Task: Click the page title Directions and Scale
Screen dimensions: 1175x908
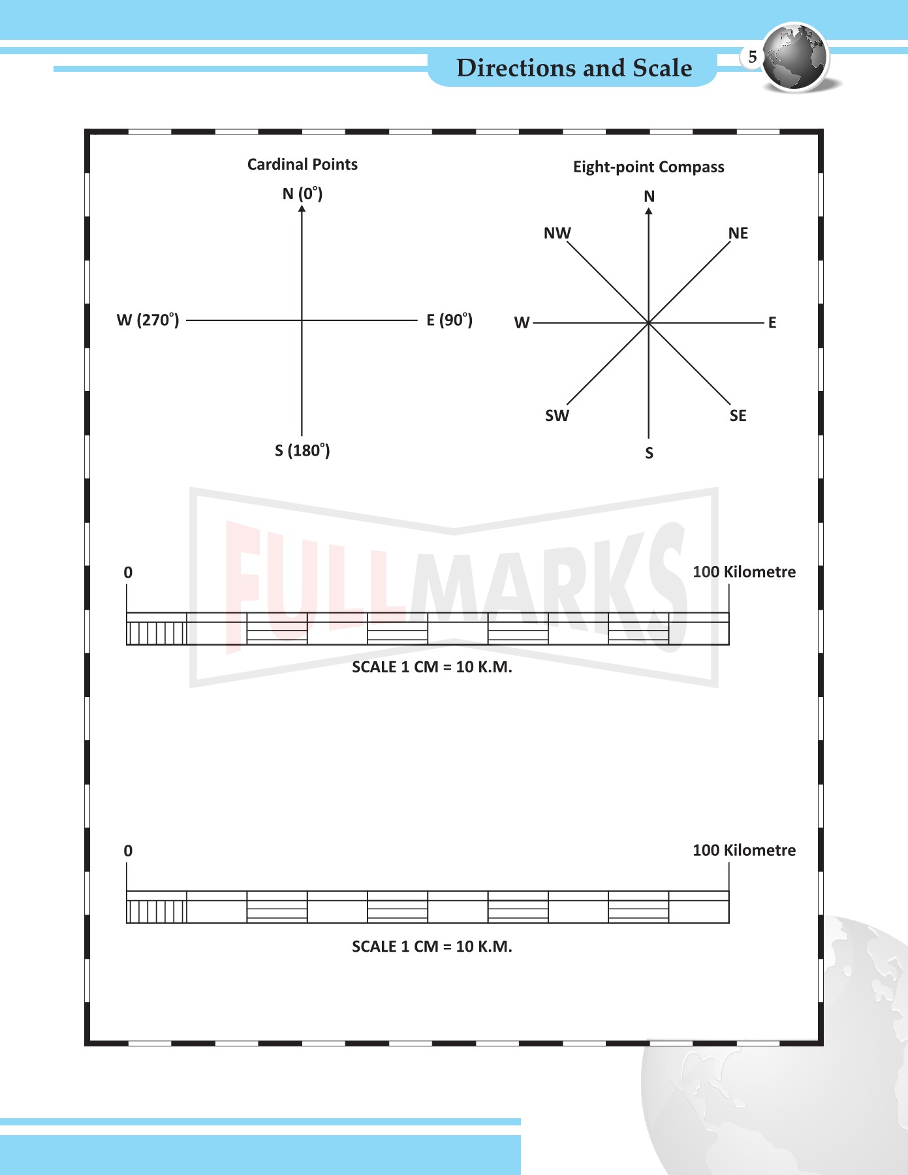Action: pyautogui.click(x=574, y=68)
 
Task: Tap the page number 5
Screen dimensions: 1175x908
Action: pyautogui.click(x=752, y=57)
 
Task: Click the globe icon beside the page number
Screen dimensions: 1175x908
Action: pyautogui.click(x=796, y=57)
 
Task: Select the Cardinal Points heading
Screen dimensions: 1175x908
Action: pyautogui.click(x=302, y=164)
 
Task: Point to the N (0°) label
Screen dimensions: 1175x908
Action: pyautogui.click(x=302, y=194)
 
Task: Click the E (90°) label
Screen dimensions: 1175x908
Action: pyautogui.click(x=449, y=320)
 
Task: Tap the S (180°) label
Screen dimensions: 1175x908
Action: pyautogui.click(x=302, y=450)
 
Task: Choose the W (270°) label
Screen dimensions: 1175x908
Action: pyautogui.click(x=148, y=320)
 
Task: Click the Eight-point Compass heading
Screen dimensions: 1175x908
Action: pyautogui.click(x=648, y=167)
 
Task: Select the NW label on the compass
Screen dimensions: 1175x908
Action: pyautogui.click(x=557, y=233)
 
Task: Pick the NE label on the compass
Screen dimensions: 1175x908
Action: pyautogui.click(x=738, y=233)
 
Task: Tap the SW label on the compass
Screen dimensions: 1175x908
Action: pyautogui.click(x=557, y=416)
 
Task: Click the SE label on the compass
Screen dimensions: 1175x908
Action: pyautogui.click(x=738, y=416)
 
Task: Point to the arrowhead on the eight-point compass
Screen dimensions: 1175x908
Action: pyautogui.click(x=649, y=211)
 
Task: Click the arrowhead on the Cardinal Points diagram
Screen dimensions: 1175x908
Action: pyautogui.click(x=302, y=208)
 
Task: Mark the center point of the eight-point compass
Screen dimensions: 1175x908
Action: pyautogui.click(x=649, y=322)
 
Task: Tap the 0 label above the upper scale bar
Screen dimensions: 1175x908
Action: pyautogui.click(x=128, y=572)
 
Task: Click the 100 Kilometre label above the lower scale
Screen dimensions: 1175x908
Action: pyautogui.click(x=744, y=851)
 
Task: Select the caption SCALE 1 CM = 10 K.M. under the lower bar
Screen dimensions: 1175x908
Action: pyautogui.click(x=431, y=947)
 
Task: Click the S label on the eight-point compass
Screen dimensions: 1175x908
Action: pyautogui.click(x=649, y=453)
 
